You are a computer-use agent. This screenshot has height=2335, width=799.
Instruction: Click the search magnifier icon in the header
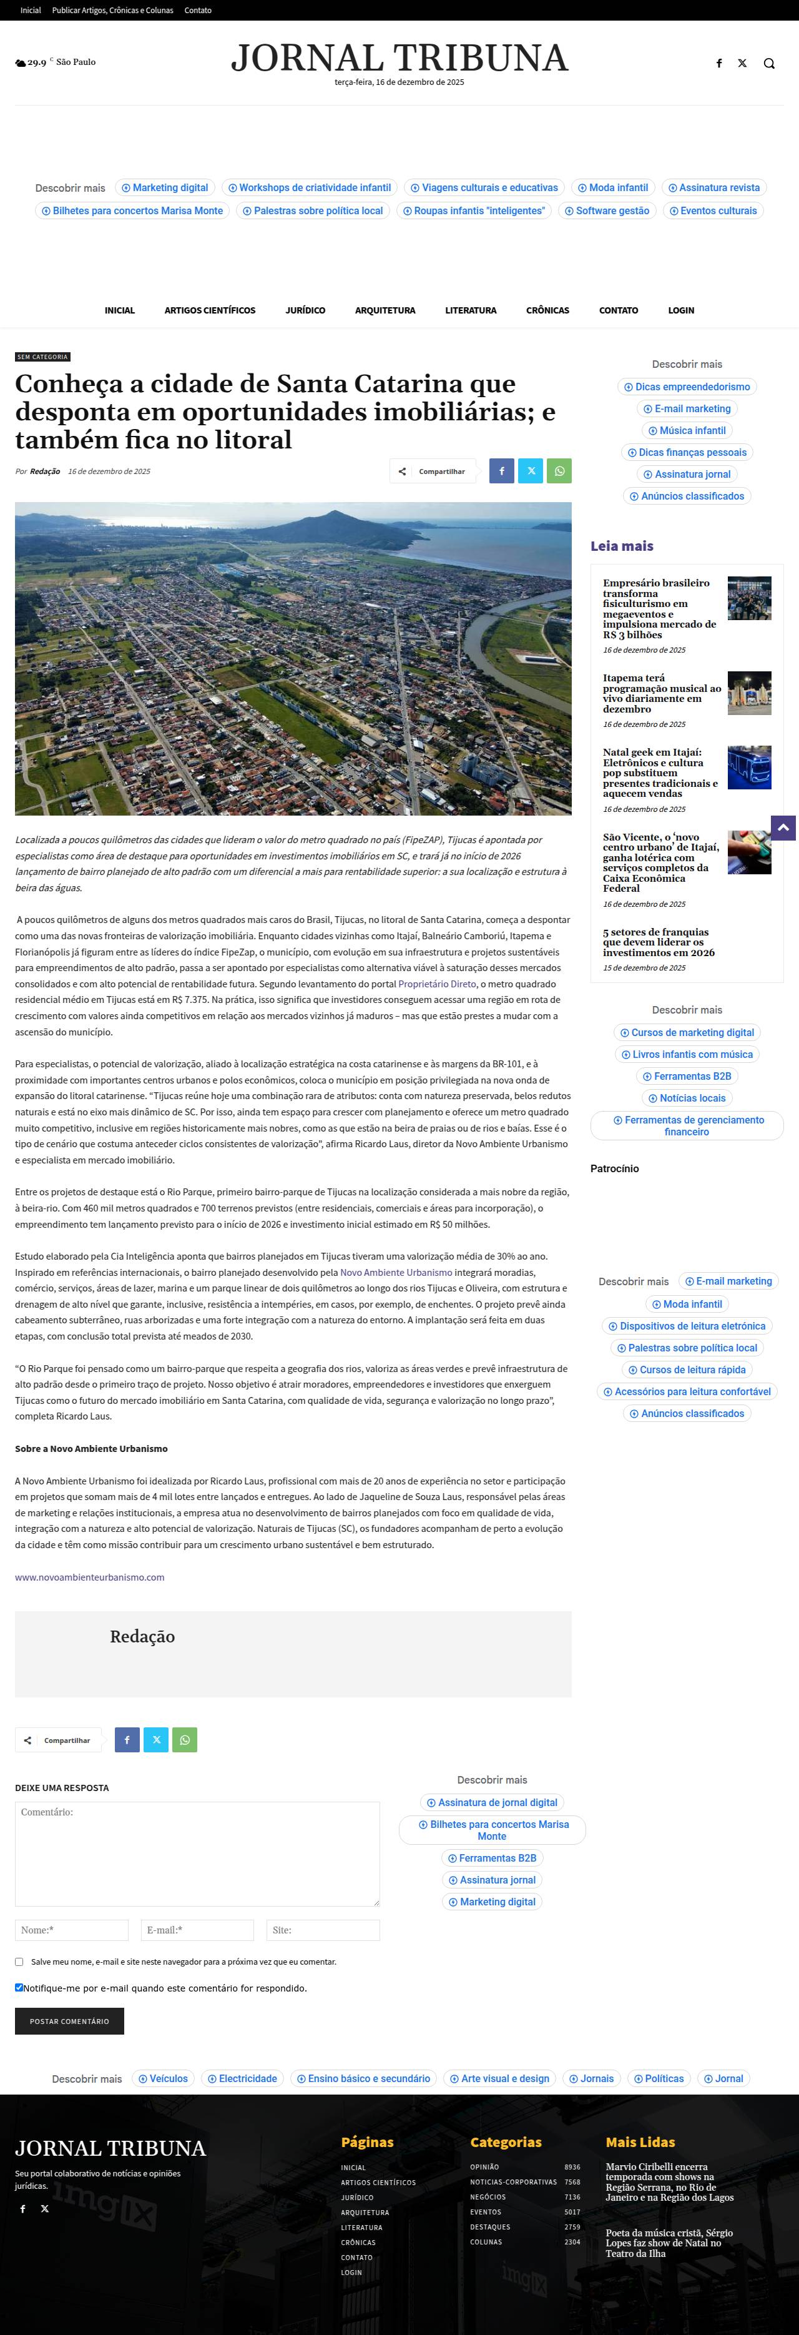[x=769, y=64]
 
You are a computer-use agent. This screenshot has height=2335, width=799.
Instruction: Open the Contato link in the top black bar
[x=197, y=11]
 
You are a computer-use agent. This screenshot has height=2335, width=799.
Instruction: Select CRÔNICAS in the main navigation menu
[x=547, y=310]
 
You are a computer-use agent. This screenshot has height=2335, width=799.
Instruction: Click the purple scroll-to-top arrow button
[x=783, y=827]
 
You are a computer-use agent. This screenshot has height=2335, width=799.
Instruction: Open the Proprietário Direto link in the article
[x=437, y=984]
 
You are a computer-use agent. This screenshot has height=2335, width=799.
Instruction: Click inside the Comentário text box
[x=197, y=1854]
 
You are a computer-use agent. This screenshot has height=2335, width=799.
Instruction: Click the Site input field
[x=323, y=1930]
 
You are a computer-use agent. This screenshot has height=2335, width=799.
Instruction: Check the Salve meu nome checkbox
[x=19, y=1962]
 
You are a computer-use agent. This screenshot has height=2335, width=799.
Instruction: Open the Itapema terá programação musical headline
[x=661, y=693]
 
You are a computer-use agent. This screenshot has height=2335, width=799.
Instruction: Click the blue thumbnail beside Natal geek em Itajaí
[x=749, y=767]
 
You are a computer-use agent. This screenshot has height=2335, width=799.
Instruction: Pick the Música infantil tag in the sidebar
[x=687, y=430]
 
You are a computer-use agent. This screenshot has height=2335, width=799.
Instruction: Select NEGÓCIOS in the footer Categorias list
[x=488, y=2197]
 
